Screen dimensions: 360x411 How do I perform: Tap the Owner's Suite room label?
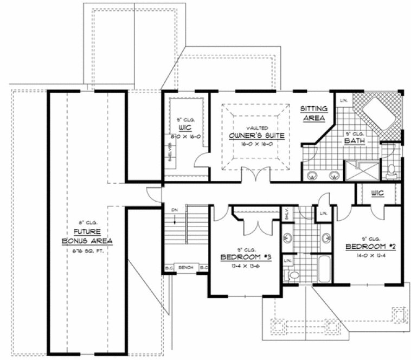256,135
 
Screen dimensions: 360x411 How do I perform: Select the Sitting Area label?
313,113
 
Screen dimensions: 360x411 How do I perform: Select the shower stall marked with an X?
360,171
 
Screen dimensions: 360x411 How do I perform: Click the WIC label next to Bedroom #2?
377,193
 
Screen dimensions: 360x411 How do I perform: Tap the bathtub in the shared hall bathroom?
324,269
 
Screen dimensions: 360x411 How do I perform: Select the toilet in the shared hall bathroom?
294,275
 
